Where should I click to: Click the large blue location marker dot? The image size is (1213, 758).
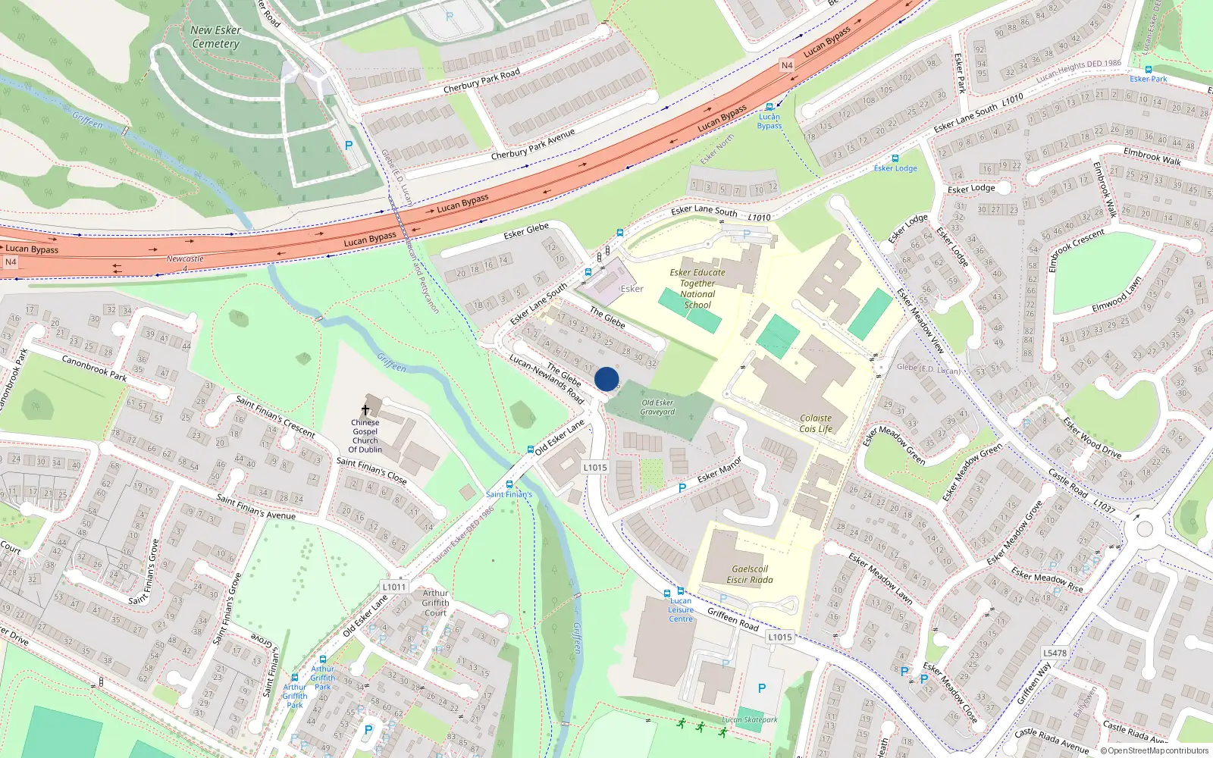point(606,379)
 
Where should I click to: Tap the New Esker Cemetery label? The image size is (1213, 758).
point(216,37)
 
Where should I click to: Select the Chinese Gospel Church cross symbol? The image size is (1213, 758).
point(365,410)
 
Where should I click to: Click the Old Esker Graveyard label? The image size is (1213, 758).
point(657,408)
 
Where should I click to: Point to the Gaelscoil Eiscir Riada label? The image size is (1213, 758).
point(750,575)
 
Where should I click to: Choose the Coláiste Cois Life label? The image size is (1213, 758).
point(816,424)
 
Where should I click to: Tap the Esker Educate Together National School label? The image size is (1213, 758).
point(697,289)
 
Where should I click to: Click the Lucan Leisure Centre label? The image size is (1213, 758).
point(681,610)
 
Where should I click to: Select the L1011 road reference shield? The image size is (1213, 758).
point(394,587)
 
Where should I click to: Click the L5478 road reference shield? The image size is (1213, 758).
point(1055,653)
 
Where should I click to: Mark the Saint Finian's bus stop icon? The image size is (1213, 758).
point(509,484)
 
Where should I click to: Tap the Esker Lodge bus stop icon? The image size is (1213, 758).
point(895,158)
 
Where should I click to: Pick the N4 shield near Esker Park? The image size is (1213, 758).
point(787,66)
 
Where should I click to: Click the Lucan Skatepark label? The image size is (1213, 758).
point(750,720)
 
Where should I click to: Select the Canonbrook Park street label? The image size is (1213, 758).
point(94,368)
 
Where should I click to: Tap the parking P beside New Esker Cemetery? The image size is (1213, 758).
point(349,146)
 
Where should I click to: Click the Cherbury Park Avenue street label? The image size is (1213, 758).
point(533,144)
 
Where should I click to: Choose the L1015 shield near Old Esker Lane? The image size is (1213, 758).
point(595,468)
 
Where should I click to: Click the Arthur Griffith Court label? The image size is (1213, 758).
point(435,603)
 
